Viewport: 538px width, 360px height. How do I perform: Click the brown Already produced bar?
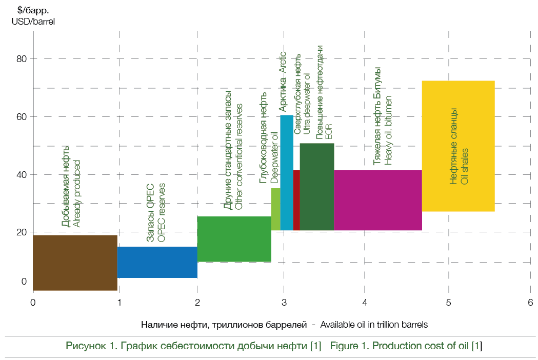pyautogui.click(x=75, y=263)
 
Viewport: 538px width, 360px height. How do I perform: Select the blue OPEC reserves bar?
pyautogui.click(x=157, y=262)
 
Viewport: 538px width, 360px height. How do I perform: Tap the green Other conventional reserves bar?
pyautogui.click(x=234, y=239)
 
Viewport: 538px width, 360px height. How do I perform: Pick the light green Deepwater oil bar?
pyautogui.click(x=275, y=209)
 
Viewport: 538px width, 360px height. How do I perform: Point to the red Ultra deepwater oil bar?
pyautogui.click(x=296, y=200)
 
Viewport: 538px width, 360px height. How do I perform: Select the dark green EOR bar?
pyautogui.click(x=316, y=187)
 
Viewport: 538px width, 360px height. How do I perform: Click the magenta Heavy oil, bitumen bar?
pyautogui.click(x=377, y=200)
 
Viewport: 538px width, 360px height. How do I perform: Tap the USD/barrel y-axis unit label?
pyautogui.click(x=33, y=22)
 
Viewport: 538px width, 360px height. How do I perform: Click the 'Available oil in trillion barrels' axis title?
pyautogui.click(x=374, y=325)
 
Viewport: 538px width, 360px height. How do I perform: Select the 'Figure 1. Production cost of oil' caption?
pyautogui.click(x=406, y=346)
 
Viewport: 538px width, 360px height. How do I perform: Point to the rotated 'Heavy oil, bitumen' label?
pyautogui.click(x=388, y=130)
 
